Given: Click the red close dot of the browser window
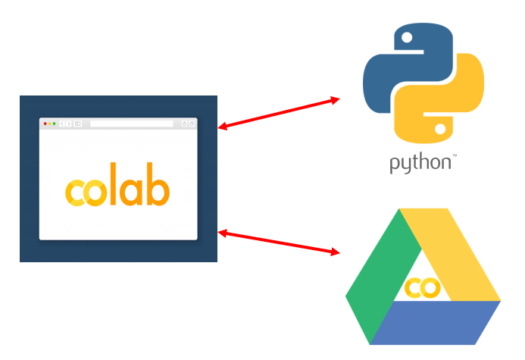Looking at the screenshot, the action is pyautogui.click(x=45, y=124).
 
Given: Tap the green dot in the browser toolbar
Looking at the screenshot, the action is pyautogui.click(x=55, y=124).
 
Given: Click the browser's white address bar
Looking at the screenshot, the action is pyautogui.click(x=131, y=124).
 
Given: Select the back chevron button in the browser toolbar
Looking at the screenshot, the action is pyautogui.click(x=62, y=124).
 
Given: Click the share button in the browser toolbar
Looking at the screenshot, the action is pyautogui.click(x=184, y=124).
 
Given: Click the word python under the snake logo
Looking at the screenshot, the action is pyautogui.click(x=420, y=163).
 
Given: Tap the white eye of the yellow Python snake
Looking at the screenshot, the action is pyautogui.click(x=440, y=128).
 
